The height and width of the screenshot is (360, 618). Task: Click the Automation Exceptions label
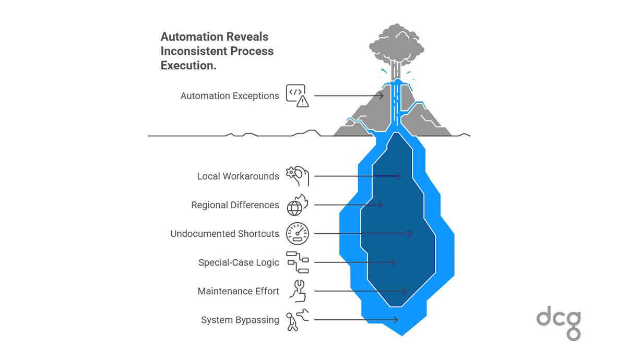[x=230, y=96]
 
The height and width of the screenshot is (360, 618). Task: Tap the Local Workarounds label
[x=238, y=176]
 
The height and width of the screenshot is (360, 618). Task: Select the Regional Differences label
[x=235, y=205]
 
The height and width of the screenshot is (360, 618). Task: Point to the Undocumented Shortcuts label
[x=224, y=234]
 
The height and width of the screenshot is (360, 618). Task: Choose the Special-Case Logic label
[x=239, y=262]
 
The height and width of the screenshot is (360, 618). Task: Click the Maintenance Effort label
[x=238, y=291]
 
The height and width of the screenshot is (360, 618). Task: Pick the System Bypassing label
[x=240, y=320]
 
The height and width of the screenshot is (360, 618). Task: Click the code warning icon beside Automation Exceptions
[x=297, y=95]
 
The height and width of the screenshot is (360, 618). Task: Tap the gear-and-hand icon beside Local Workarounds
[x=298, y=176]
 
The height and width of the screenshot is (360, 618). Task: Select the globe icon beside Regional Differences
[x=297, y=205]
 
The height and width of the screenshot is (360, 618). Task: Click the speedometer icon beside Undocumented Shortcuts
[x=298, y=234]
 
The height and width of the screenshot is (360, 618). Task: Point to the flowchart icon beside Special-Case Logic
[x=298, y=262]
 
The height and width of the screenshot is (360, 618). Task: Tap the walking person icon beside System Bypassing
[x=297, y=319]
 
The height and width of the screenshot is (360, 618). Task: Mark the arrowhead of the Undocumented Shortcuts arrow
[x=410, y=234]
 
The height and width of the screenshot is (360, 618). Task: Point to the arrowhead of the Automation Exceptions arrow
[x=382, y=95]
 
